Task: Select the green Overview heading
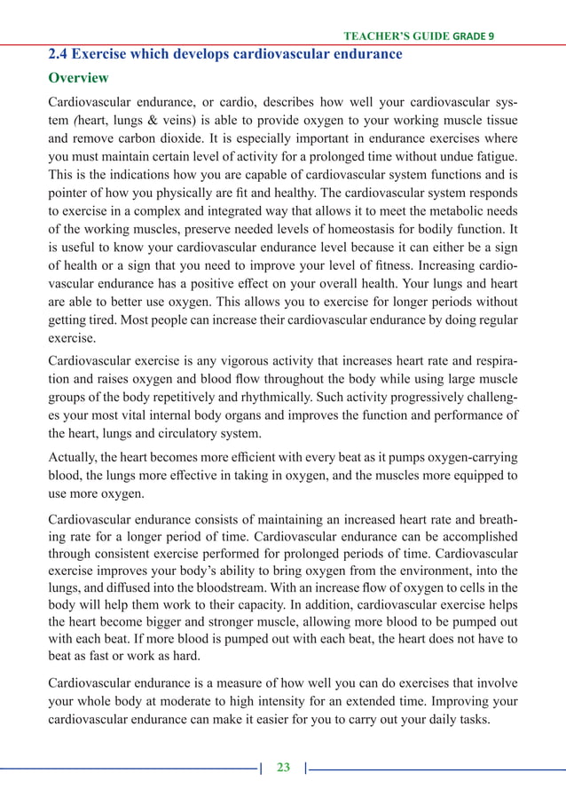tap(79, 79)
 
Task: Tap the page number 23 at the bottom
tap(283, 768)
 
